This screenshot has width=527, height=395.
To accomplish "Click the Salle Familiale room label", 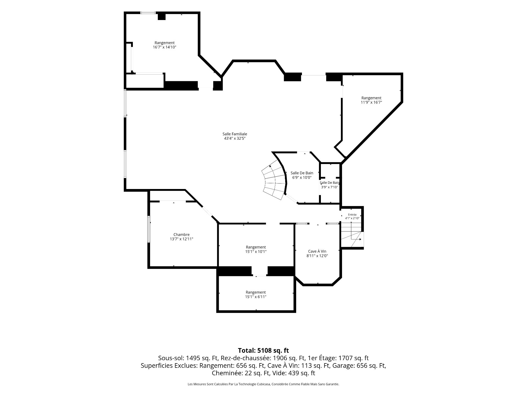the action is point(235,134).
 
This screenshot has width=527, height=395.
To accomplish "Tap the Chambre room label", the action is point(181,235).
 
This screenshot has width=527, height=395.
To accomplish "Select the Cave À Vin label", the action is point(317,251).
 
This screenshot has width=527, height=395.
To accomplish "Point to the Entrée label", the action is point(352,215).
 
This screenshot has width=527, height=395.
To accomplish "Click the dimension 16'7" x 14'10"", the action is point(164,47).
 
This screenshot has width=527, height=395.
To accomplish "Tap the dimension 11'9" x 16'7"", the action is point(371,102).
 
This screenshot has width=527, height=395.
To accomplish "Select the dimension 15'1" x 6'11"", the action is point(256,297).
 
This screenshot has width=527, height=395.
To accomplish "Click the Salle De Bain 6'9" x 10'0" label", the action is point(302,175).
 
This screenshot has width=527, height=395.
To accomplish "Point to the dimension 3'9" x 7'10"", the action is point(329,187).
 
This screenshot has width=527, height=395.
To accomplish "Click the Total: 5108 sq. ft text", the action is point(263,350).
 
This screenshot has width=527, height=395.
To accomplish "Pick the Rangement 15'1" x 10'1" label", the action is point(256,249).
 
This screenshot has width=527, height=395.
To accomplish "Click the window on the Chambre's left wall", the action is point(149,229).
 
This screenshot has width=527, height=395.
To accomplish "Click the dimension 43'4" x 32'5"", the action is point(235,139).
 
